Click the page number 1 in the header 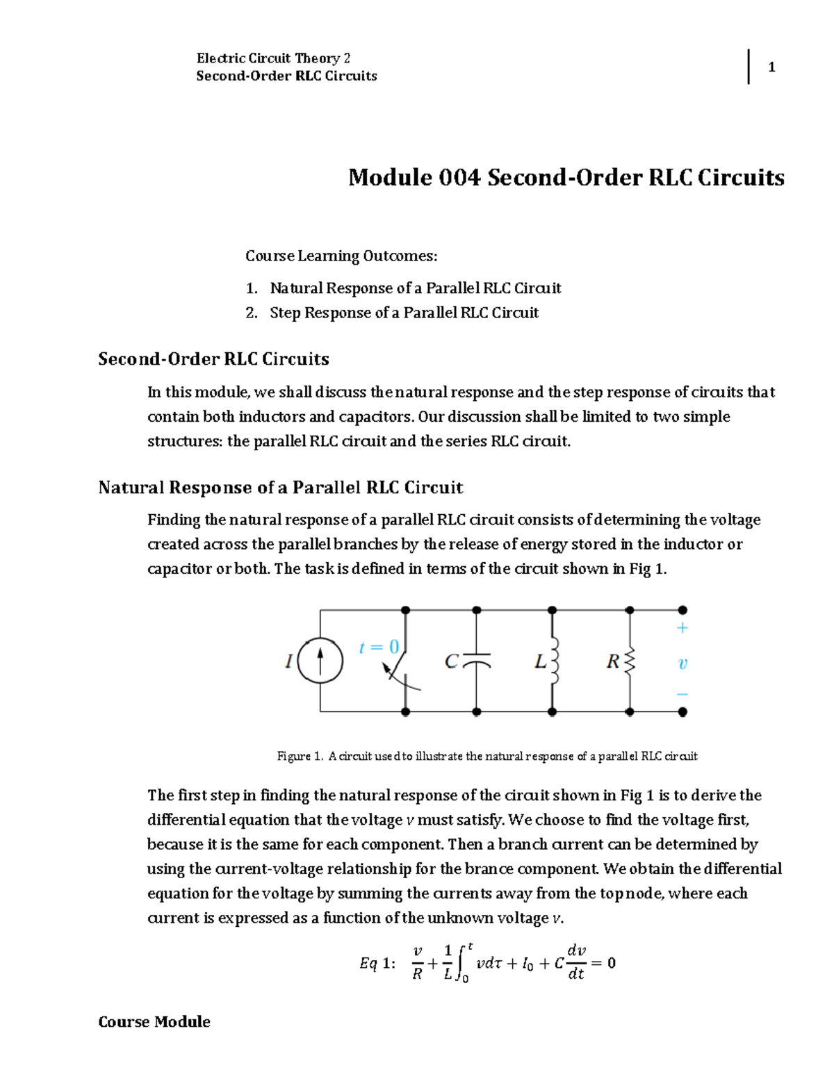[x=771, y=67]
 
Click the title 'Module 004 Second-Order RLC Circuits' [x=566, y=177]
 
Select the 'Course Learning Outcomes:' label [x=341, y=256]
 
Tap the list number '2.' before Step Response [x=252, y=313]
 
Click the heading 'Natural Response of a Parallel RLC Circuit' [x=280, y=487]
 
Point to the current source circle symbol [x=320, y=661]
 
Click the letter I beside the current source [x=288, y=661]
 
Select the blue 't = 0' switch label [x=379, y=648]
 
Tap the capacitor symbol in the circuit [x=476, y=660]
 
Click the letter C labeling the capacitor [x=451, y=661]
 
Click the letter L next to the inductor [x=540, y=662]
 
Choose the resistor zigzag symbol [x=630, y=661]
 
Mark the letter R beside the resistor [x=612, y=661]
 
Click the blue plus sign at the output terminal [x=682, y=628]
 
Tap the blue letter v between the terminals [x=682, y=664]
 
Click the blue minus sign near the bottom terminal [x=682, y=694]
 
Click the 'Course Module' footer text [x=154, y=1021]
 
